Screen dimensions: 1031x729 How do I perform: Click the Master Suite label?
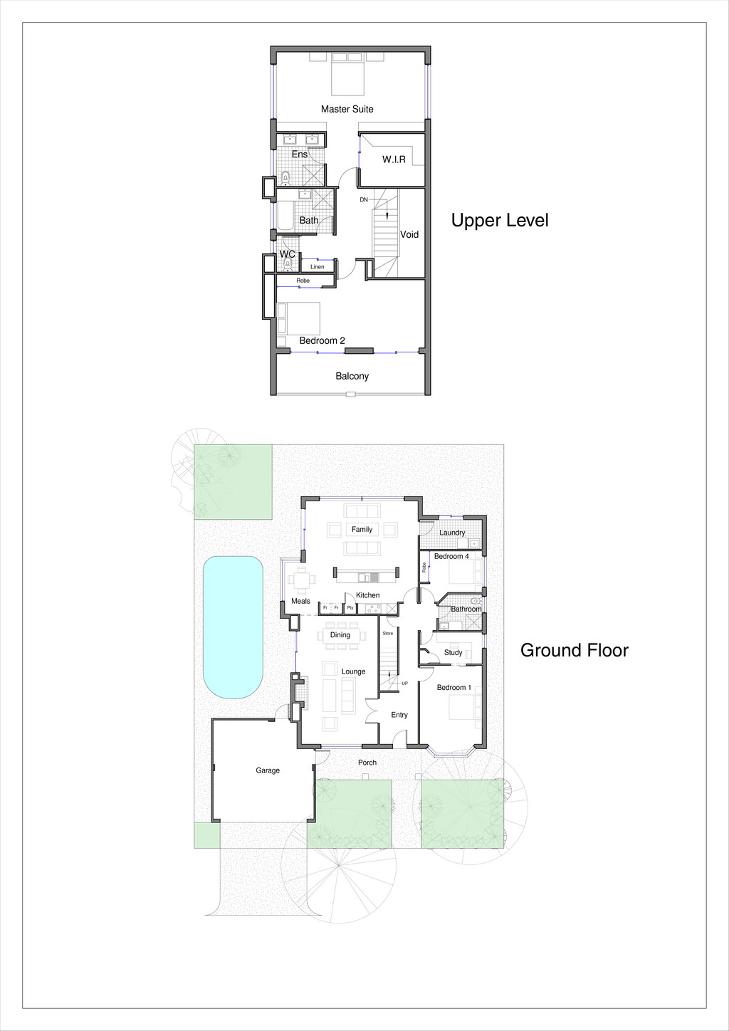tap(347, 109)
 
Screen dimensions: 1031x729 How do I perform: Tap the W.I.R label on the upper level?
tap(394, 159)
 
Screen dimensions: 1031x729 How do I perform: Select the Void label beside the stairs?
tap(409, 234)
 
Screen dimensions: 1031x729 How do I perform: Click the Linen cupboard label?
tap(318, 267)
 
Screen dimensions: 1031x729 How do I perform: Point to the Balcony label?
tap(352, 376)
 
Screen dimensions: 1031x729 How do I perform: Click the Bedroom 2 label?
tap(322, 340)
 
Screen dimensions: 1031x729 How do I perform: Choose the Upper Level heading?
tap(500, 221)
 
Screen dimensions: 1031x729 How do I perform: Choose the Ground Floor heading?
tap(574, 650)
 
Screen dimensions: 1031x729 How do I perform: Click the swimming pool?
tap(233, 627)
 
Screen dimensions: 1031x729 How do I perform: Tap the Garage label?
tap(268, 770)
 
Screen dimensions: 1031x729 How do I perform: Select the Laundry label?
tap(452, 533)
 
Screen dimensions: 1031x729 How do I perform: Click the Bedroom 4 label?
tap(451, 556)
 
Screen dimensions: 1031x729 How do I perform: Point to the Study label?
tap(453, 652)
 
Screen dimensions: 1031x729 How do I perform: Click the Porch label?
tap(367, 763)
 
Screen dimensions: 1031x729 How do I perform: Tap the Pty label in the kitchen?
tap(350, 608)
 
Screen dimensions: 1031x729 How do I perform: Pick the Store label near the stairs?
tap(388, 633)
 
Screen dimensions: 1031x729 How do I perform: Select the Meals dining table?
tap(302, 580)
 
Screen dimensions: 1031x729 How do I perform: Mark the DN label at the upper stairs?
tap(364, 200)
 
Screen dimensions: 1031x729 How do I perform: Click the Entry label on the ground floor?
tap(399, 715)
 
